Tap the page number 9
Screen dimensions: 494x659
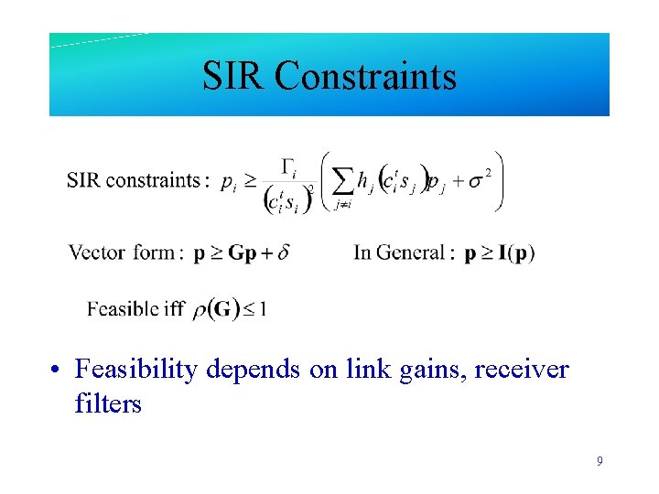[x=600, y=461]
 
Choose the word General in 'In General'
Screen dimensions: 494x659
[x=414, y=252]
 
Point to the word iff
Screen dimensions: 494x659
[x=174, y=308]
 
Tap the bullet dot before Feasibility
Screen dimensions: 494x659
[x=57, y=370]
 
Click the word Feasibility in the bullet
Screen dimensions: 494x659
[x=136, y=370]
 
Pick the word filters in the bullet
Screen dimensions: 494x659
[x=108, y=403]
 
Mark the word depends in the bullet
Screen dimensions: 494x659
[x=251, y=370]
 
